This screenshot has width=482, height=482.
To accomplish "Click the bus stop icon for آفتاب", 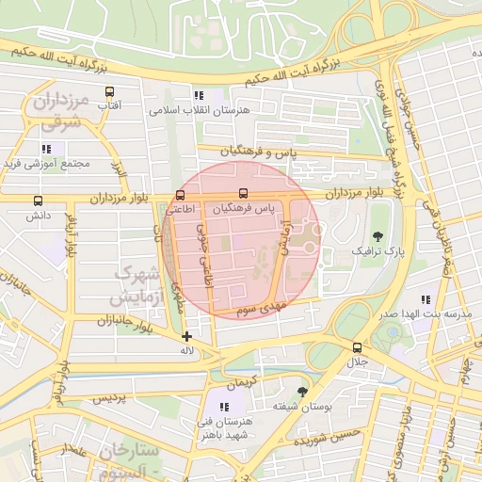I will tap(110, 92).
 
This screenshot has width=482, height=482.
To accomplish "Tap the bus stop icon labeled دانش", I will tap(39, 201).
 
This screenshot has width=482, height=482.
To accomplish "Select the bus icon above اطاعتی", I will tap(180, 195).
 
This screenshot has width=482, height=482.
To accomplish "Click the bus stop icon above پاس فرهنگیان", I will tap(244, 193).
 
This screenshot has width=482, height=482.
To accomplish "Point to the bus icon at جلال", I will tap(356, 346).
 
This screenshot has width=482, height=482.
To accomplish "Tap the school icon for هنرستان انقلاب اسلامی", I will tap(198, 95).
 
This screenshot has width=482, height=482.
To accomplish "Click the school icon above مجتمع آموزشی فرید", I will tap(46, 148).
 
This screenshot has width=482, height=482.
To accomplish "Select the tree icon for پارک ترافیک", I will tap(378, 236).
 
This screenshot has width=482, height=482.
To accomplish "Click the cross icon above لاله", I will tap(186, 336).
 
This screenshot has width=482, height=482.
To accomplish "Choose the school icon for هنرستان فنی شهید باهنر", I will tap(223, 407).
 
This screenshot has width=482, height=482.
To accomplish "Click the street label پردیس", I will tap(108, 399).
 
